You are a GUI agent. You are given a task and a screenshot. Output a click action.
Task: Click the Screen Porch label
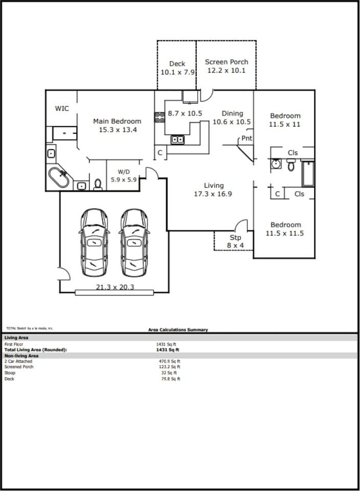tap(227, 62)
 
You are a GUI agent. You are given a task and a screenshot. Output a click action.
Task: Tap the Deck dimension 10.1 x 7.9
tap(177, 73)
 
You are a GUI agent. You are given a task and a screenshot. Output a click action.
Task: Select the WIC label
tap(62, 108)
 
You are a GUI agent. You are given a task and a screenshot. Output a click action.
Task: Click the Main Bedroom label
tap(117, 121)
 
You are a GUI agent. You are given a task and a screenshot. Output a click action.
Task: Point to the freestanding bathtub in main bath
tap(59, 177)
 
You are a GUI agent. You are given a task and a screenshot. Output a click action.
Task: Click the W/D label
tap(124, 172)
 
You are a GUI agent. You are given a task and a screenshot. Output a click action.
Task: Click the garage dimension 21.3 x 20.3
tap(115, 287)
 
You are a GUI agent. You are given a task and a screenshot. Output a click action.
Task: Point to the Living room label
tap(214, 186)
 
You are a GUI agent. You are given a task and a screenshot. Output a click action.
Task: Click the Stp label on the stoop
tap(235, 238)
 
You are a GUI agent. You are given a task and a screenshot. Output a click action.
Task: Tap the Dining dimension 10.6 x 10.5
tap(232, 122)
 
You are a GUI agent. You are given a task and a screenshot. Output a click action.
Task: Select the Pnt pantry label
tap(247, 139)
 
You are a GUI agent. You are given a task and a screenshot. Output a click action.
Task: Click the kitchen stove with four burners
tap(159, 118)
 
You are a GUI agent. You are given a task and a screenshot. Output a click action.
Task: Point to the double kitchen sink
tap(177, 140)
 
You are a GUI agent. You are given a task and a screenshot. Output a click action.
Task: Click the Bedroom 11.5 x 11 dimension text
tap(285, 124)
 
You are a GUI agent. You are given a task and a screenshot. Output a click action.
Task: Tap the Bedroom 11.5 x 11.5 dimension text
tap(285, 233)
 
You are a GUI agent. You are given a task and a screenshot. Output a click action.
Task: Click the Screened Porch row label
tap(19, 367)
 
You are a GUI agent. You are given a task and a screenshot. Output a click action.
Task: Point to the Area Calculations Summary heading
tap(178, 330)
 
